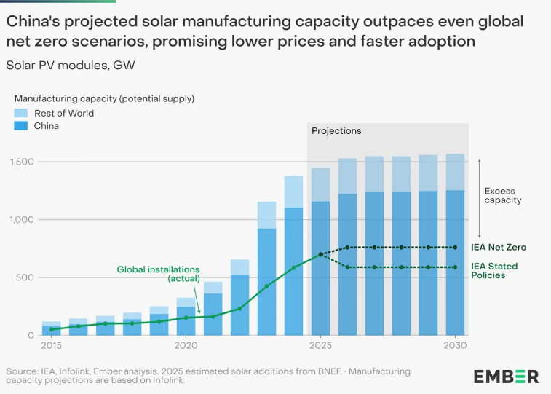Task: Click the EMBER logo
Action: [x=506, y=377]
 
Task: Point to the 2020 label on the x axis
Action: [x=186, y=345]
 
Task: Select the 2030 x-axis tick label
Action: [x=455, y=345]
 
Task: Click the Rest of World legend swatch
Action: [x=22, y=113]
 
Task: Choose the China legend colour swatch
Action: [x=22, y=126]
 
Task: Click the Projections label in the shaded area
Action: [x=336, y=131]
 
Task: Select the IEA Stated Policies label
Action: [x=502, y=271]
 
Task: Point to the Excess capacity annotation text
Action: [x=503, y=196]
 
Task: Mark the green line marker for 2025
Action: [x=320, y=255]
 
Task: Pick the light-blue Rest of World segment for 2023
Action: [x=266, y=215]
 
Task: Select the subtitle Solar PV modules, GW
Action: [x=70, y=65]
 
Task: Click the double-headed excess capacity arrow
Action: [x=478, y=197]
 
